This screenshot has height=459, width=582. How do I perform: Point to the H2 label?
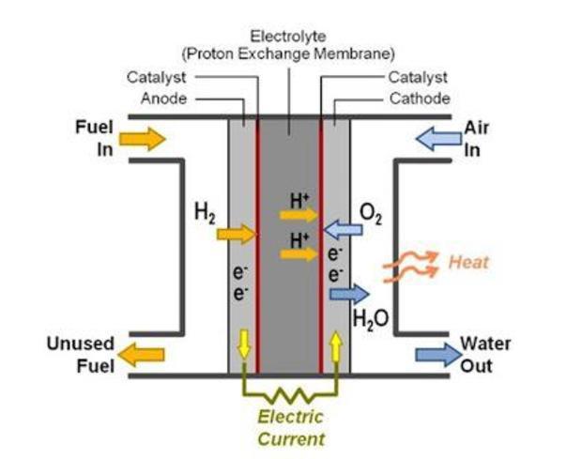coord(205,213)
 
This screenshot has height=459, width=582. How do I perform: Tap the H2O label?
coord(370,318)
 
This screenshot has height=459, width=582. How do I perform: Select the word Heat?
coord(467,262)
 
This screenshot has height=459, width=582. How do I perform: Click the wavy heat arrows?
coord(411,267)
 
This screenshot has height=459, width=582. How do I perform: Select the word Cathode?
coord(419,98)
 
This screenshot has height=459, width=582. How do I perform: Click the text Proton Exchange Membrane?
coord(288,53)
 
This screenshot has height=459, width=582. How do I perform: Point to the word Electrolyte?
coord(288,37)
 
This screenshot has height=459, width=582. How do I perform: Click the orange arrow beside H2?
coord(237,234)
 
